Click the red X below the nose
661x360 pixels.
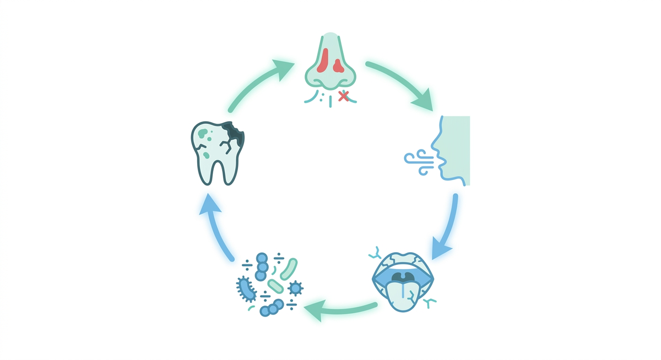[x=344, y=96]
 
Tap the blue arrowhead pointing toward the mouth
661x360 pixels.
[x=441, y=248]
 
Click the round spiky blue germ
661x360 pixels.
[x=296, y=287]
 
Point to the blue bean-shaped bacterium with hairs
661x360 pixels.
[x=246, y=288]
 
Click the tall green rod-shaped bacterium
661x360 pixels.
[x=289, y=268]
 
